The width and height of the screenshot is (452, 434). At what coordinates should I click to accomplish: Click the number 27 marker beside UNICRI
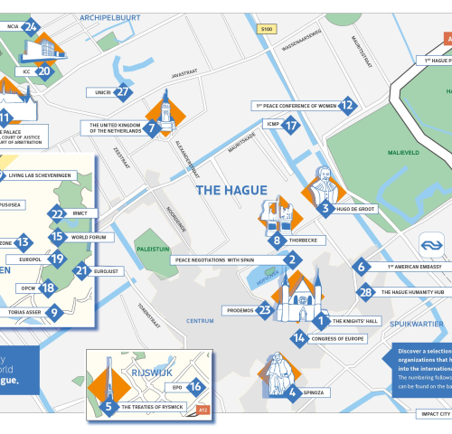point(124,91)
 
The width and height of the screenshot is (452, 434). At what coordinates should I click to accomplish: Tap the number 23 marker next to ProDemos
point(265,310)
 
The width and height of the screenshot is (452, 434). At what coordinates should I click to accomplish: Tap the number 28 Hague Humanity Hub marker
point(366,291)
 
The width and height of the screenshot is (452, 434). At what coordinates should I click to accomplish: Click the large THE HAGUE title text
point(232,190)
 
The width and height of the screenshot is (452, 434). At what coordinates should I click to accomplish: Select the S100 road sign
point(267,29)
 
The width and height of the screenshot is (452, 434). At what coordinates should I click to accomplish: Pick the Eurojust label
point(107,270)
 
